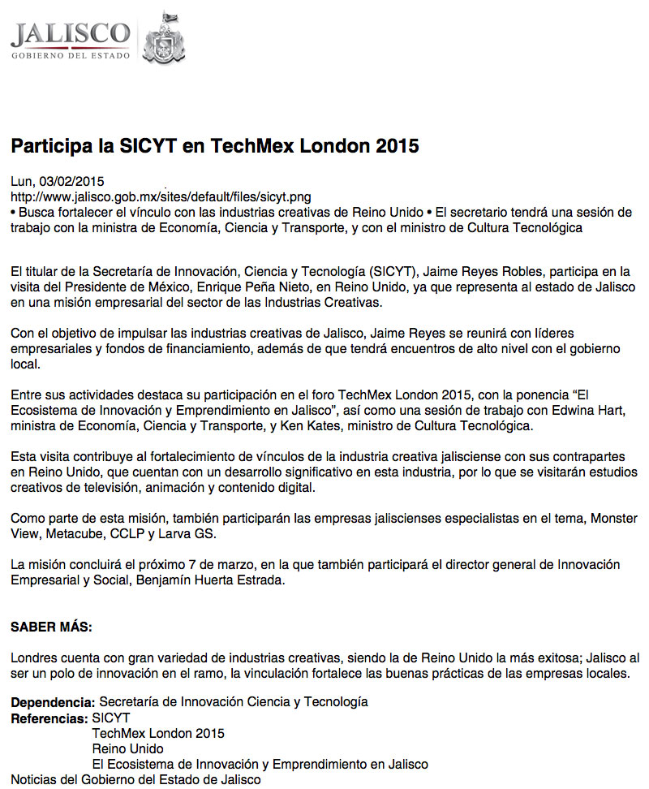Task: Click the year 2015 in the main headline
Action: tap(396, 147)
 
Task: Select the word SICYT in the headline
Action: tap(121, 147)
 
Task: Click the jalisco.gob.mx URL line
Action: tap(160, 197)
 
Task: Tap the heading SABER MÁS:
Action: tap(51, 627)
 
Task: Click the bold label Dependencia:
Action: tap(53, 701)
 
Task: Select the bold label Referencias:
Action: tap(49, 718)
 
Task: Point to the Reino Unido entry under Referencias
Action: tap(127, 748)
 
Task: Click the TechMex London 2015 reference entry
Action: tap(158, 733)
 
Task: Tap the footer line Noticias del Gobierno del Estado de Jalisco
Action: tap(136, 780)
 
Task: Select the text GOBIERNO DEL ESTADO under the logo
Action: tap(70, 55)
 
